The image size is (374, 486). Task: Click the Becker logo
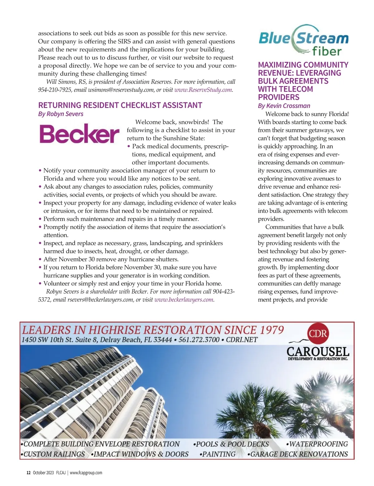point(79,134)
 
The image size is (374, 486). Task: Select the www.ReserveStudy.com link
point(203,90)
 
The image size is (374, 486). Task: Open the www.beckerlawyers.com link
point(184,300)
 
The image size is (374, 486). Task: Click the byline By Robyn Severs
point(61,114)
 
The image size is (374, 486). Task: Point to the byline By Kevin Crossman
point(284,106)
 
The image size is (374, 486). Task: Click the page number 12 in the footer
point(28,473)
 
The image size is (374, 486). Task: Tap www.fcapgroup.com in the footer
point(86,473)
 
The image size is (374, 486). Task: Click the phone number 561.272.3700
point(199,340)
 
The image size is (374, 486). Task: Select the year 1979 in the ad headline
point(271,330)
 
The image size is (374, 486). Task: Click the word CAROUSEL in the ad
point(318,352)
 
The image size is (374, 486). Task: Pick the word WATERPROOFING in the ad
point(318,444)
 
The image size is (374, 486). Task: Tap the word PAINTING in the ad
point(219,454)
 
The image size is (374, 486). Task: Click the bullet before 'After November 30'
point(40,260)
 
